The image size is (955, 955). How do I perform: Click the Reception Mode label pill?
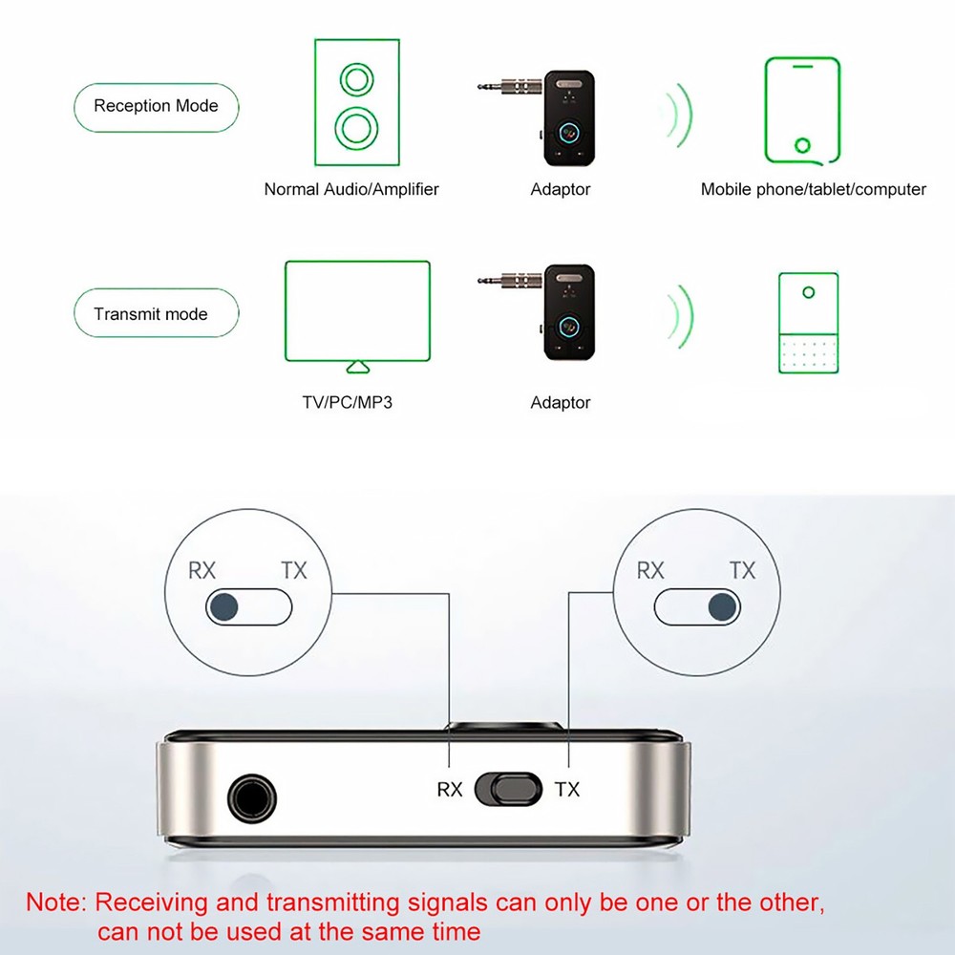pos(156,106)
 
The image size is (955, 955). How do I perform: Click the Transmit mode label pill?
pos(156,314)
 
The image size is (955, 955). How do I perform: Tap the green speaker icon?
pos(356,102)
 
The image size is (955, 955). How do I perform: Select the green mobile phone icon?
pos(802,110)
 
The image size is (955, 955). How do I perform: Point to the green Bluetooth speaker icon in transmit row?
pos(808,322)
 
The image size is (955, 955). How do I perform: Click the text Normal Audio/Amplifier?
pos(351,189)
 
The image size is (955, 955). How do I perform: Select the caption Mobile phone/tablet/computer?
pos(813,189)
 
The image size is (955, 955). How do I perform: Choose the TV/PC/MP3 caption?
pos(347,402)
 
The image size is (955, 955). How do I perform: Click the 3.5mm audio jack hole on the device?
pos(251,798)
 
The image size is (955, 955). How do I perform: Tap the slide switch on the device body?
pos(509,789)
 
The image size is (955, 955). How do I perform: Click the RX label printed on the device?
pos(450,790)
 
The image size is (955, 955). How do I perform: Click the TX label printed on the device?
pos(567,790)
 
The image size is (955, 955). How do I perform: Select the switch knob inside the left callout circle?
pos(225,606)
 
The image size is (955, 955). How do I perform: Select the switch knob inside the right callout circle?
pos(723,606)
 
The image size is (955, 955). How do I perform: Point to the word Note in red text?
pos(55,902)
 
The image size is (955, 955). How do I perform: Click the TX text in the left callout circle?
pos(294,570)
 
